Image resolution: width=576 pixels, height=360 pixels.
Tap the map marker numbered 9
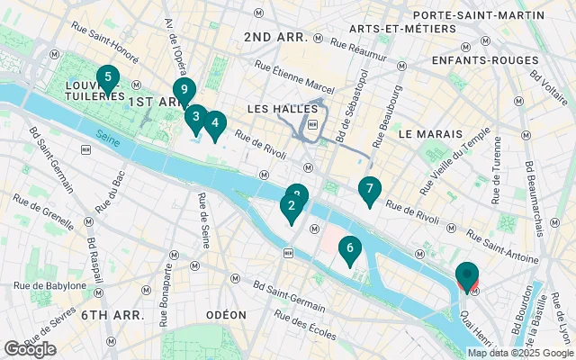(184, 90)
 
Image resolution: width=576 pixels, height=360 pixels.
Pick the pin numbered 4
(213, 123)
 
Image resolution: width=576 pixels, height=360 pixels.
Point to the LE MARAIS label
(429, 133)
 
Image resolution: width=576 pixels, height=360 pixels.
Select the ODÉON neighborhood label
(226, 315)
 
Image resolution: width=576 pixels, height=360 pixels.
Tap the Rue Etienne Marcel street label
(295, 77)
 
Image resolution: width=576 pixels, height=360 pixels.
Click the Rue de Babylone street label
(49, 286)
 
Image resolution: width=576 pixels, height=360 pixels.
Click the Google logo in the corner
(30, 349)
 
